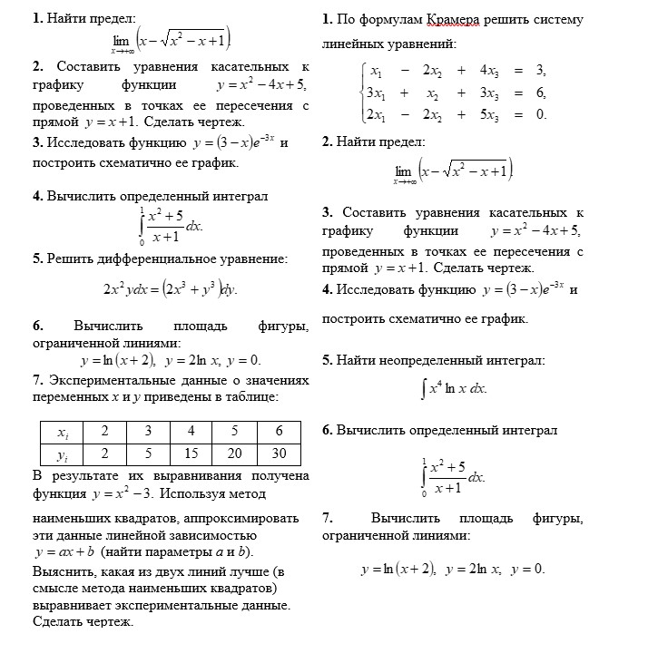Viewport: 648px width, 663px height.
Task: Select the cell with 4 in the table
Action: pos(191,431)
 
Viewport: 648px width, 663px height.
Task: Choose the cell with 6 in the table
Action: pos(279,431)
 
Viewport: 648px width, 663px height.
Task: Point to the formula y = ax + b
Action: pos(64,552)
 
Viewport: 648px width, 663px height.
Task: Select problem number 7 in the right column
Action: pos(327,519)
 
